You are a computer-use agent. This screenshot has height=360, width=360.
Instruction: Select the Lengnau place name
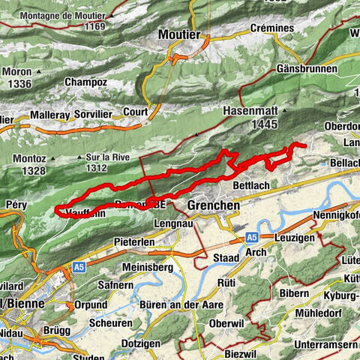[x=173, y=223]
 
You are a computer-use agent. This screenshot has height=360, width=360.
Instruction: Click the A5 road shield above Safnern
[x=78, y=266]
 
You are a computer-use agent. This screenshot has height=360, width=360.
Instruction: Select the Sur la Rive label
[x=106, y=157]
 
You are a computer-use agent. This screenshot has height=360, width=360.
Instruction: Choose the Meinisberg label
[x=148, y=267]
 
